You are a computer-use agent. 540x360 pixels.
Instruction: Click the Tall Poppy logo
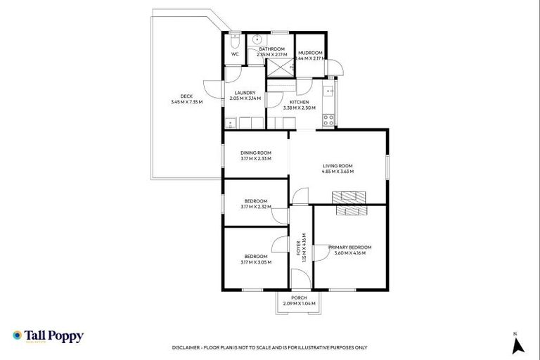point(48,336)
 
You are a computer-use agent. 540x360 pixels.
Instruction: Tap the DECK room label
point(186,96)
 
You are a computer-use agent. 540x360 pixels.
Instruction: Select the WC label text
point(234,53)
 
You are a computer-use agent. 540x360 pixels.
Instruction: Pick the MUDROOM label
point(310,53)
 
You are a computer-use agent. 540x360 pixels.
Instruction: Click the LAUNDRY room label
point(245,93)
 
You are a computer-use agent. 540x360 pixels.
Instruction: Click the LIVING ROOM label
point(337,166)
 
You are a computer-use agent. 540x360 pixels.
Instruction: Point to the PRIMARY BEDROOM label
point(349,247)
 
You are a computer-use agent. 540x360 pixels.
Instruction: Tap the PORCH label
point(299,298)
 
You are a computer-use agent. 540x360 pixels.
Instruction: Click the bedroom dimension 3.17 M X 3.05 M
point(255,262)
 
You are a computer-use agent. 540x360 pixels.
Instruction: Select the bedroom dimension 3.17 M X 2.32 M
point(255,207)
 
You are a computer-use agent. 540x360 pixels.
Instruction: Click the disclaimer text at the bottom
point(269,347)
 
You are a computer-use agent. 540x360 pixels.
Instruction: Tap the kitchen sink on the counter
point(327,91)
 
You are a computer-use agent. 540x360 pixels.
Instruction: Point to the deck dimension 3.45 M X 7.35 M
point(186,102)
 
